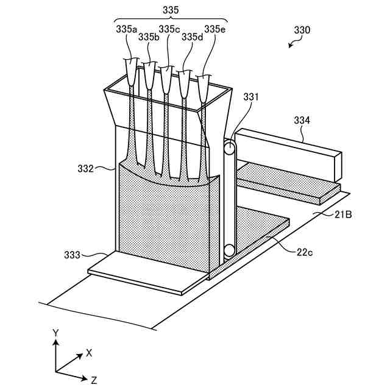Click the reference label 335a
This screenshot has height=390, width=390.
[127, 29]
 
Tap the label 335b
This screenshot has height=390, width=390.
[149, 37]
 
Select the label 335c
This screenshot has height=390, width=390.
[169, 29]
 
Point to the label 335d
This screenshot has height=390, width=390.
[192, 37]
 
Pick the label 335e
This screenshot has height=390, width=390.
[214, 29]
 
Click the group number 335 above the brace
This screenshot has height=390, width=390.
[171, 10]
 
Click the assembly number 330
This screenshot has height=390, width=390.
[302, 29]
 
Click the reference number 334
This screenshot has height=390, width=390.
[302, 121]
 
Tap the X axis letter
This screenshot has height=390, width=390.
[89, 352]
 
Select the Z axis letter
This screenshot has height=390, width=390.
[94, 380]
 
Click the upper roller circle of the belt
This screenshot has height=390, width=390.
[229, 148]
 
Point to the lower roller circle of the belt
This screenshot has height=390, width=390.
[229, 249]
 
